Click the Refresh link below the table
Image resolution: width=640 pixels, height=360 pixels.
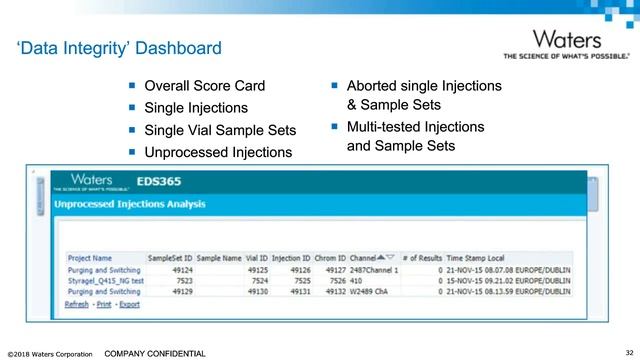point(77,304)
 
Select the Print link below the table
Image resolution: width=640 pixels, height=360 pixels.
point(104,304)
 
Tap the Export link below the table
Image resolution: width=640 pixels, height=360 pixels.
point(129,304)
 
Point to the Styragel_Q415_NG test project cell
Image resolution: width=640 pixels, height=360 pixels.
point(105,281)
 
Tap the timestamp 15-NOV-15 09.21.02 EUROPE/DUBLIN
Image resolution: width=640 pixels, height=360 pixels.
point(509,281)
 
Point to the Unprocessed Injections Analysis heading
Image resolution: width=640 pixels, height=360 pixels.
point(130,205)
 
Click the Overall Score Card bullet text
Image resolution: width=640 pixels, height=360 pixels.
point(205,86)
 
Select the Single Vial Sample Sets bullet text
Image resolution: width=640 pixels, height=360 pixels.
point(221,130)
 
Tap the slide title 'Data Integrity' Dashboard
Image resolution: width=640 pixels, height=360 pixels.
point(119,48)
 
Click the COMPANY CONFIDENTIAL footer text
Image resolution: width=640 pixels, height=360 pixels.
point(155,353)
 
